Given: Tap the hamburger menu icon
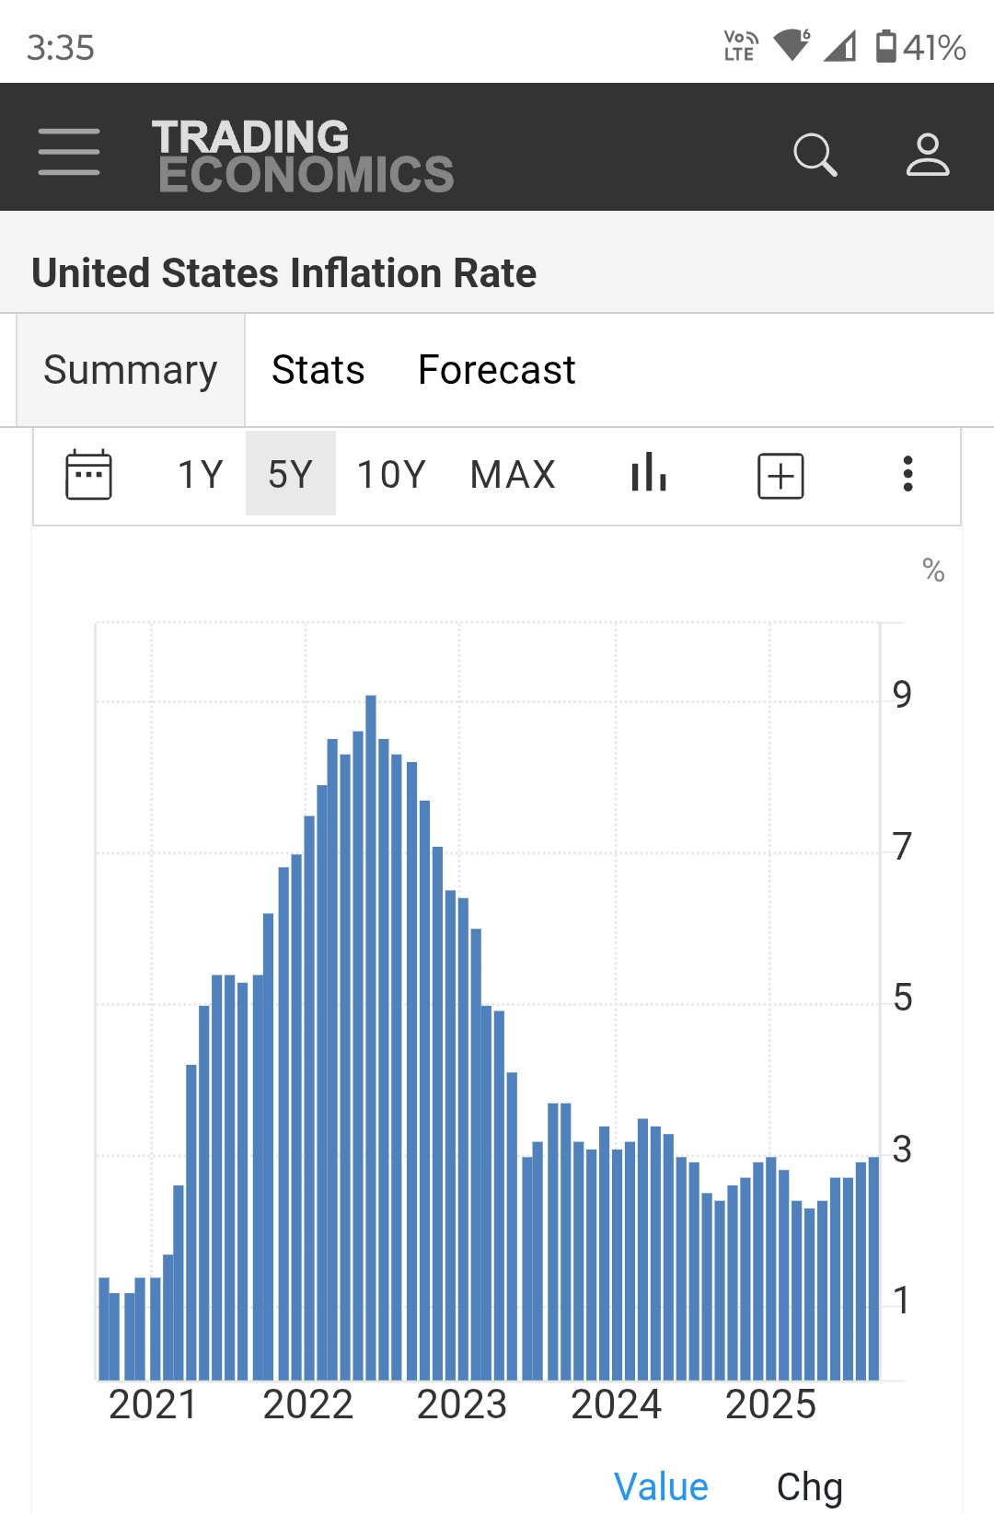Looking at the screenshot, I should point(69,151).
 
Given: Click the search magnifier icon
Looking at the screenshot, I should point(815,154).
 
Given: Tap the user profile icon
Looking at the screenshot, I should point(927,154).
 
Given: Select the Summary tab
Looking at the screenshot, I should point(131,370).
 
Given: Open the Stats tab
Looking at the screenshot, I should point(318,370).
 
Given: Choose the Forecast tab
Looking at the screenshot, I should point(496,370).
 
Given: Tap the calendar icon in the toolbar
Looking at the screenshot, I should point(88,475).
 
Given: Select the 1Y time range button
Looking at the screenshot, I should point(200,475).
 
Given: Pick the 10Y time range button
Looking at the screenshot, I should point(391,475).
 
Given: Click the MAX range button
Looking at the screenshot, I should point(513,475).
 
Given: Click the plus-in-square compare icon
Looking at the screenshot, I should point(780,476).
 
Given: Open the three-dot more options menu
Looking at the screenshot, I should point(907,474).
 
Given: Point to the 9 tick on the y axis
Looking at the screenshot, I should point(902,695).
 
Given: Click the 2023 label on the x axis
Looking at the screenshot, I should point(462,1404).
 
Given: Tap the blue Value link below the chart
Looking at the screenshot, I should point(661,1486).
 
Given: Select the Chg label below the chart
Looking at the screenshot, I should point(809,1486).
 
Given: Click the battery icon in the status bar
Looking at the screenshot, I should point(885,46).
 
